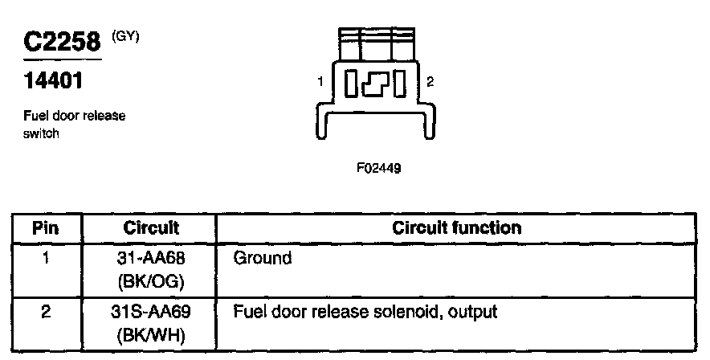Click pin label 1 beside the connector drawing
[x=321, y=82]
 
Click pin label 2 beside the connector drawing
[x=430, y=82]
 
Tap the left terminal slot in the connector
[x=354, y=84]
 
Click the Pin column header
[x=46, y=228]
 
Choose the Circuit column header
[x=151, y=228]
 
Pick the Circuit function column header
[x=456, y=228]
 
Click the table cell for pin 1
[x=46, y=259]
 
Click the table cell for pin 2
[x=46, y=311]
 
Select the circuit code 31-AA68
[x=151, y=259]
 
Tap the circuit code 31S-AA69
[x=151, y=311]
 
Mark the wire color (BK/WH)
[x=151, y=333]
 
